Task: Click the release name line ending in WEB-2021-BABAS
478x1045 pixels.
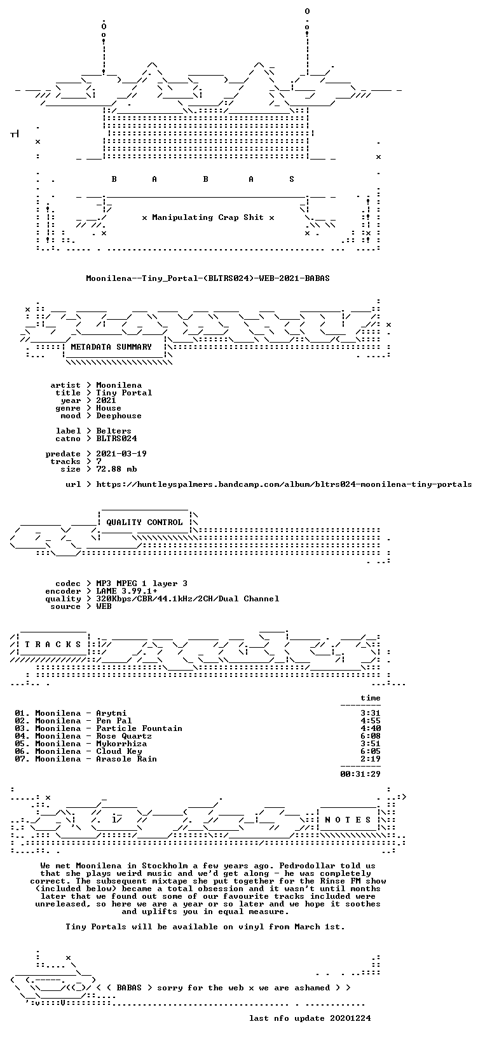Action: pyautogui.click(x=208, y=278)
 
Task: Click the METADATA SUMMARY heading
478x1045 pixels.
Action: pyautogui.click(x=111, y=346)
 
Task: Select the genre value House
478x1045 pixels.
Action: pyautogui.click(x=109, y=408)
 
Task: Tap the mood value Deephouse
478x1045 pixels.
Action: pyautogui.click(x=119, y=416)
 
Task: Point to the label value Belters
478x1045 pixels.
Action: pyautogui.click(x=114, y=431)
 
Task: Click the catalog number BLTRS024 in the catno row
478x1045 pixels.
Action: pyautogui.click(x=116, y=439)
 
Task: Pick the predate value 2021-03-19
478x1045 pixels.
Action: pyautogui.click(x=121, y=454)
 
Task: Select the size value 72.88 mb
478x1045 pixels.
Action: pyautogui.click(x=116, y=469)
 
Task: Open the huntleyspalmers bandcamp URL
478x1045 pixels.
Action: pyautogui.click(x=284, y=484)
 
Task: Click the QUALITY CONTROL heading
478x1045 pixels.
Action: pyautogui.click(x=144, y=522)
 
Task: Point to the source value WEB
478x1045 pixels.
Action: pyautogui.click(x=104, y=606)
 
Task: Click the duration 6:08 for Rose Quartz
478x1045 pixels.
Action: pyautogui.click(x=371, y=736)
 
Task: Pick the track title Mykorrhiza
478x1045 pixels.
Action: pyautogui.click(x=121, y=744)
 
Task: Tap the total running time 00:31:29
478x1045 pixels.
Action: pyautogui.click(x=360, y=774)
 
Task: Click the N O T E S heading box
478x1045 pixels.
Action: pyautogui.click(x=348, y=820)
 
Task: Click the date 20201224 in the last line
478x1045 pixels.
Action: pyautogui.click(x=350, y=1018)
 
